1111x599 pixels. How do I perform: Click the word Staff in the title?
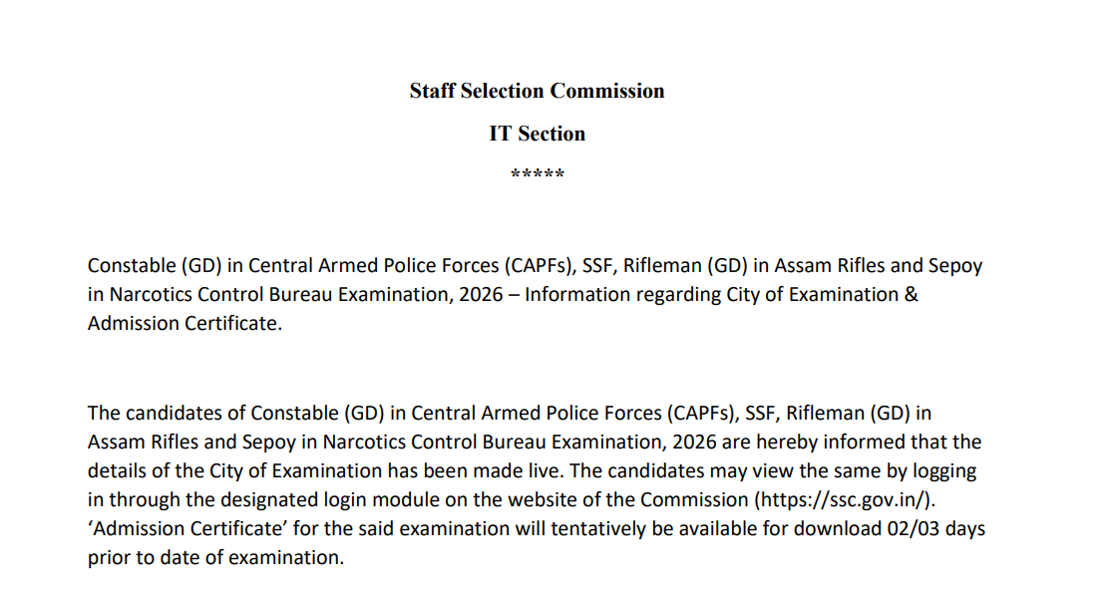[431, 91]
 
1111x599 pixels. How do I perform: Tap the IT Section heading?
[537, 134]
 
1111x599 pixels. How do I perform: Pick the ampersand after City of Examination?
[911, 295]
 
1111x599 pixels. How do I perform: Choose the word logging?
[944, 470]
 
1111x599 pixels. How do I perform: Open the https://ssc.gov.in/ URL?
[845, 499]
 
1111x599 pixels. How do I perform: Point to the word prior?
[109, 557]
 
